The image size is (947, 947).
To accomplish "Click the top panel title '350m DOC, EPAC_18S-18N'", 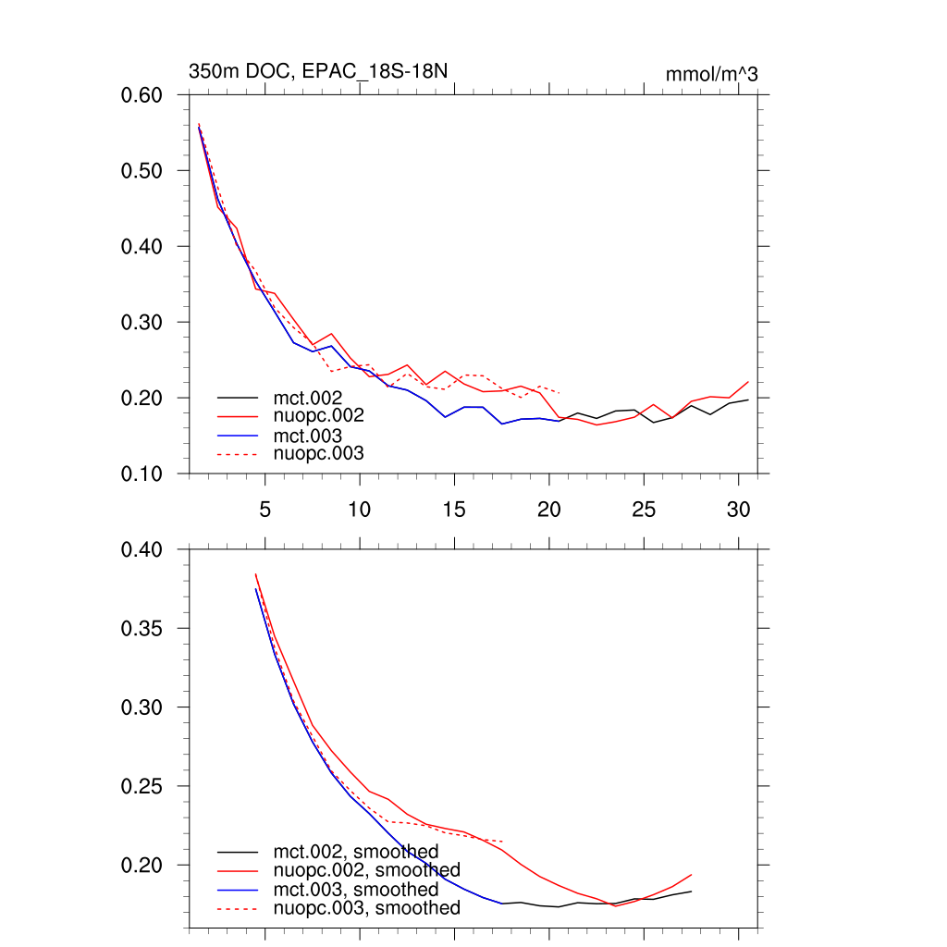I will [319, 72].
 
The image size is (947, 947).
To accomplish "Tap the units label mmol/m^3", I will [711, 75].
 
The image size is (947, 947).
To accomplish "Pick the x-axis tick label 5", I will [265, 510].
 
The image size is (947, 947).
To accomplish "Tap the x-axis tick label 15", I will [454, 510].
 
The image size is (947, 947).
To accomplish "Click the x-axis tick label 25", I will [644, 510].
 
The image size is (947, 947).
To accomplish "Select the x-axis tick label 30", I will [738, 510].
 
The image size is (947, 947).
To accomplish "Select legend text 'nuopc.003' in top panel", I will [318, 453].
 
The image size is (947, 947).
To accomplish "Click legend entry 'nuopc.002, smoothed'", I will [366, 870].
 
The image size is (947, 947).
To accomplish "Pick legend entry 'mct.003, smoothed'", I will [355, 890].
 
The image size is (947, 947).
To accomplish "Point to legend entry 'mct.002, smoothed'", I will [355, 852].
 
